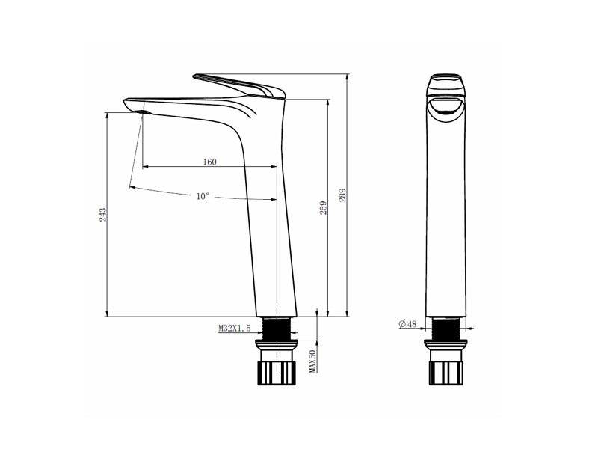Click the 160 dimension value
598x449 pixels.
coord(209,162)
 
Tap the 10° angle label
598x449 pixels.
coord(203,196)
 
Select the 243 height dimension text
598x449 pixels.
coord(102,215)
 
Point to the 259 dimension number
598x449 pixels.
coord(323,208)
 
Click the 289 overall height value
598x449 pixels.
coord(342,195)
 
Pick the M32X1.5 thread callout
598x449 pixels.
coord(235,328)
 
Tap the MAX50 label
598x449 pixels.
coord(312,361)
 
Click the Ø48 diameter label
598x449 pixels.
coord(407,324)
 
